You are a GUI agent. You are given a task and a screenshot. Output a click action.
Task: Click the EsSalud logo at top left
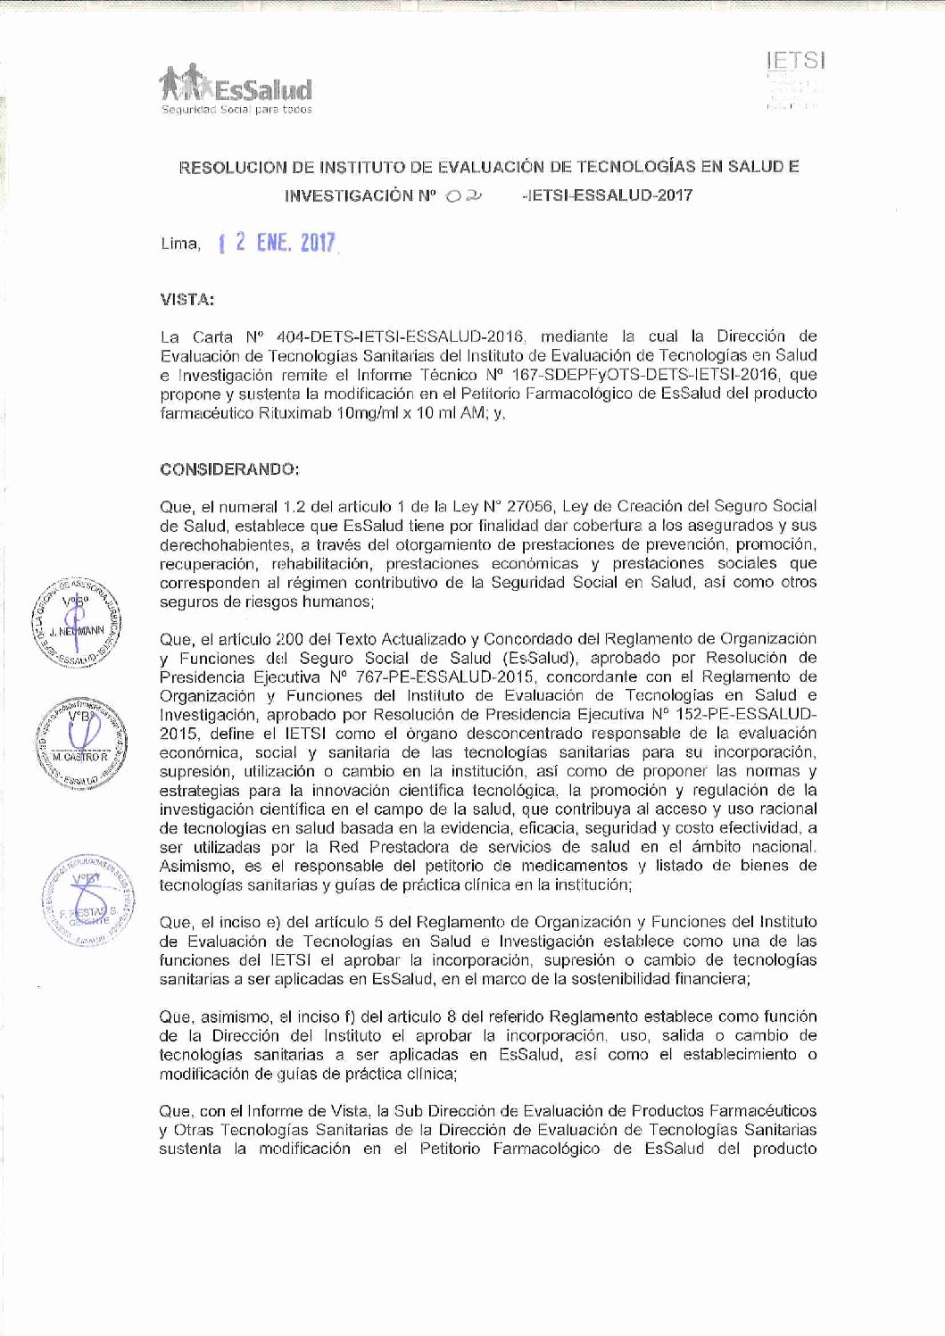tap(236, 87)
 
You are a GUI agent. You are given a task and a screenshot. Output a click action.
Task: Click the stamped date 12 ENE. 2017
tap(278, 243)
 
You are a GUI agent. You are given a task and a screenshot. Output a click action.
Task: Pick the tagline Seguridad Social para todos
tap(236, 110)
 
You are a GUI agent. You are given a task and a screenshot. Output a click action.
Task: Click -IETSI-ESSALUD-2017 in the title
tap(605, 196)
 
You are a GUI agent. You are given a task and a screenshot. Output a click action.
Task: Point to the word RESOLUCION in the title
tap(236, 166)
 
